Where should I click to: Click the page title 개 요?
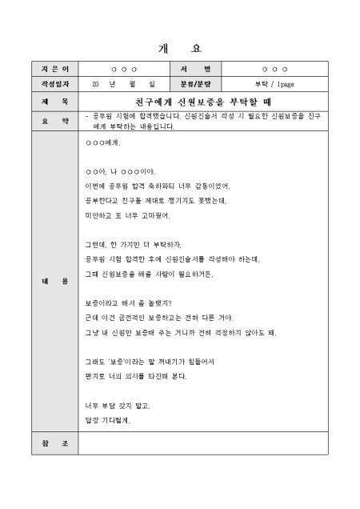[x=180, y=47]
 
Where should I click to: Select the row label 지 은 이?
[x=54, y=70]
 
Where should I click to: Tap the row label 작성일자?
[x=54, y=83]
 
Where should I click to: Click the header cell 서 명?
[x=194, y=70]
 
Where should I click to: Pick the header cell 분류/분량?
[x=194, y=83]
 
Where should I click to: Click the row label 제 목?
[x=54, y=102]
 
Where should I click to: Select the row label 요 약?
[x=54, y=121]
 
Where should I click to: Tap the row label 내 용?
[x=54, y=281]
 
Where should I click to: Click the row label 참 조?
[x=54, y=442]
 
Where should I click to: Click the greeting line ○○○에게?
[x=102, y=143]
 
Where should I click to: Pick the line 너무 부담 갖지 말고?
[x=117, y=406]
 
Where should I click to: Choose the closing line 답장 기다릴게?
[x=108, y=420]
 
